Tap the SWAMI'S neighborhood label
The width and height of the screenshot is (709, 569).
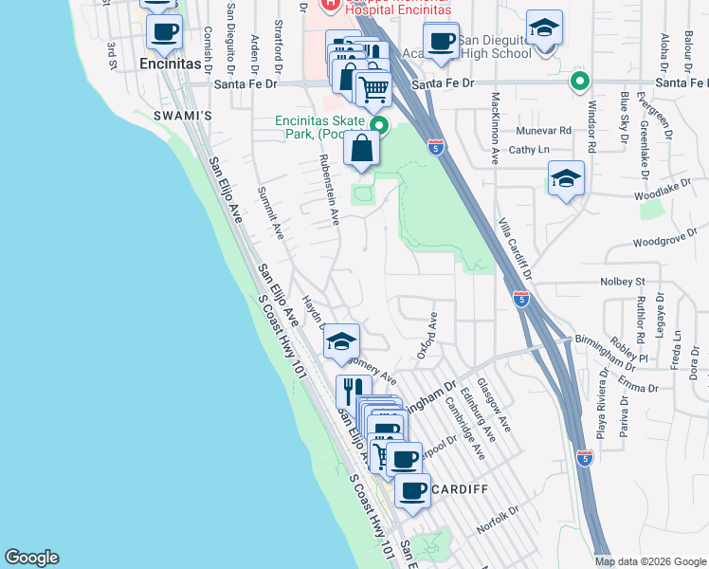[182, 115]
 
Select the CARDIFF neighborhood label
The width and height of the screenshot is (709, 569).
[460, 489]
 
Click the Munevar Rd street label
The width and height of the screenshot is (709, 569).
[543, 130]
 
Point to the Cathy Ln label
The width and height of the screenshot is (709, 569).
[530, 150]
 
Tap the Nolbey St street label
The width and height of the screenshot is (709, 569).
[622, 282]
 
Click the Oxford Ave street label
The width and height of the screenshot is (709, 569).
[427, 337]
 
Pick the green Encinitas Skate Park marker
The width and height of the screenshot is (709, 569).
[379, 125]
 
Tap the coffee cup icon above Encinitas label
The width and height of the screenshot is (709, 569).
[165, 30]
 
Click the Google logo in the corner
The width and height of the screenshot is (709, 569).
[31, 558]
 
